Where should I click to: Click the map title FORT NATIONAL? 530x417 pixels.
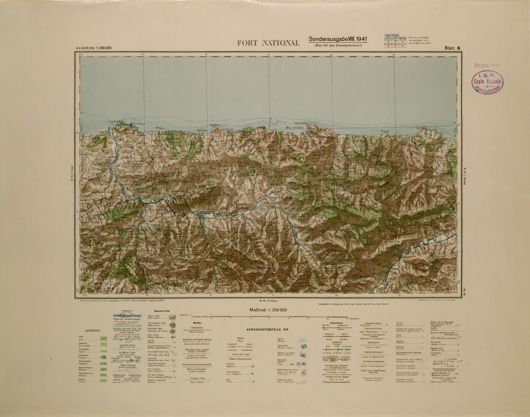tap(269, 42)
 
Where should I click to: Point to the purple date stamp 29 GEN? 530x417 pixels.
tap(487, 65)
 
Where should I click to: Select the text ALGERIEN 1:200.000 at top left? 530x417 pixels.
tap(93, 48)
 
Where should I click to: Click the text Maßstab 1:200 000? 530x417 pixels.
tap(268, 310)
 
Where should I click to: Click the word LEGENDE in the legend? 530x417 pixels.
tap(93, 331)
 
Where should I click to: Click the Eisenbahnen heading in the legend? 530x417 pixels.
tap(332, 323)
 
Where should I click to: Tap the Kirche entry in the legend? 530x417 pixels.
tap(400, 324)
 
